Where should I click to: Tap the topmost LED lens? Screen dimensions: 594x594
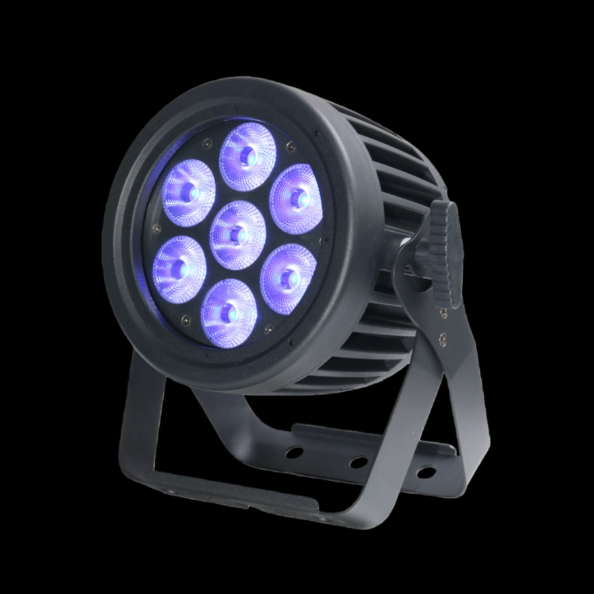click(x=247, y=156)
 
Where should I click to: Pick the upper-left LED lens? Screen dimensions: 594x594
click(x=189, y=191)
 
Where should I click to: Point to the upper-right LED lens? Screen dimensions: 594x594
click(x=296, y=195)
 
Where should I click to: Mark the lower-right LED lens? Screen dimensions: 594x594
click(x=288, y=274)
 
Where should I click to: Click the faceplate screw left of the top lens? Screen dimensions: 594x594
click(x=207, y=139)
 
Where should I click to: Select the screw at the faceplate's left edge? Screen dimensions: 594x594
click(x=157, y=230)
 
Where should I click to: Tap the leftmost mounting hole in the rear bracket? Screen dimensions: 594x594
click(x=295, y=453)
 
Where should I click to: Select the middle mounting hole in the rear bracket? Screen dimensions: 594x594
click(x=358, y=462)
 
